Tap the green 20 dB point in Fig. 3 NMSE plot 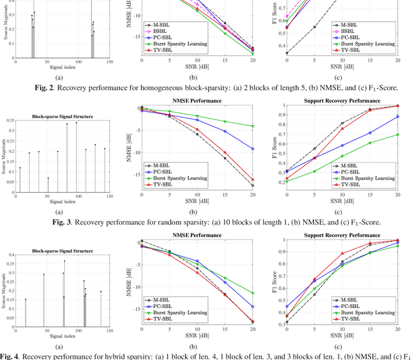coord(252,126)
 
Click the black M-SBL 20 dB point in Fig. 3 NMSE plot coord(252,186)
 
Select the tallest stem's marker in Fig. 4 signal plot coord(64,262)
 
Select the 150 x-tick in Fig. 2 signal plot coord(110,62)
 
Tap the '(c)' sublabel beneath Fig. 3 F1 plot coord(342,212)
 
